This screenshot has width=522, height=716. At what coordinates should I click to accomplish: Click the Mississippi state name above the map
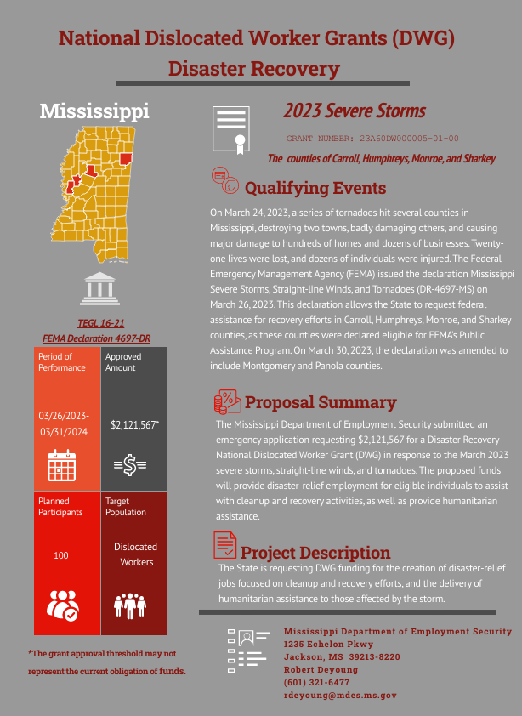(x=94, y=111)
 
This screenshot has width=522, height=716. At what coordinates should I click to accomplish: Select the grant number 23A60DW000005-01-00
(x=372, y=138)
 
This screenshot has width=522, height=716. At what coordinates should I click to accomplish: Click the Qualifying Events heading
(x=315, y=188)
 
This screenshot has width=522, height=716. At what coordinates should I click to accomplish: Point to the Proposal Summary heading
(x=320, y=402)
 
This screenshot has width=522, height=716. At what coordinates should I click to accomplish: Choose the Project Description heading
(x=315, y=553)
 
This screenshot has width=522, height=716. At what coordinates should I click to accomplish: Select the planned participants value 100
(x=61, y=555)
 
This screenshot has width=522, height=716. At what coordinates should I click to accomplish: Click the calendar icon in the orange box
(x=62, y=465)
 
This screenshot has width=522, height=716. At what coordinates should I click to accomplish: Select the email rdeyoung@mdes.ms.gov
(x=340, y=696)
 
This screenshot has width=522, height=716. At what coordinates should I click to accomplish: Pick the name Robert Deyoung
(x=321, y=670)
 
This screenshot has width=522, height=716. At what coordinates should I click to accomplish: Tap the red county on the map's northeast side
(x=126, y=159)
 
